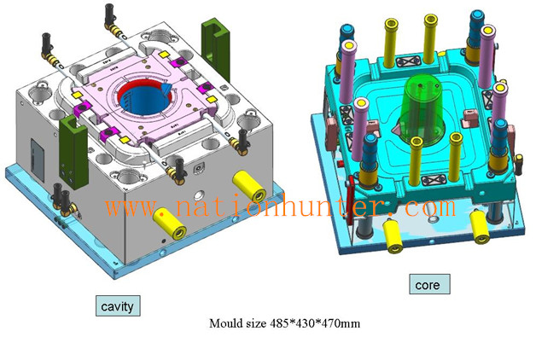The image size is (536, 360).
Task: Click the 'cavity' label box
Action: pyautogui.click(x=118, y=305)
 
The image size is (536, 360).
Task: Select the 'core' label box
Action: pyautogui.click(x=429, y=284)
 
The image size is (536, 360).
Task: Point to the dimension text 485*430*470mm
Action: pyautogui.click(x=314, y=322)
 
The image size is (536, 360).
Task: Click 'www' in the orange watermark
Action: pyautogui.click(x=131, y=206)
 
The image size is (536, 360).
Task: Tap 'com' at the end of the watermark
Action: pyautogui.click(x=430, y=206)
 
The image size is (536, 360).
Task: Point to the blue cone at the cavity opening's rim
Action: pyautogui.click(x=166, y=89)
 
